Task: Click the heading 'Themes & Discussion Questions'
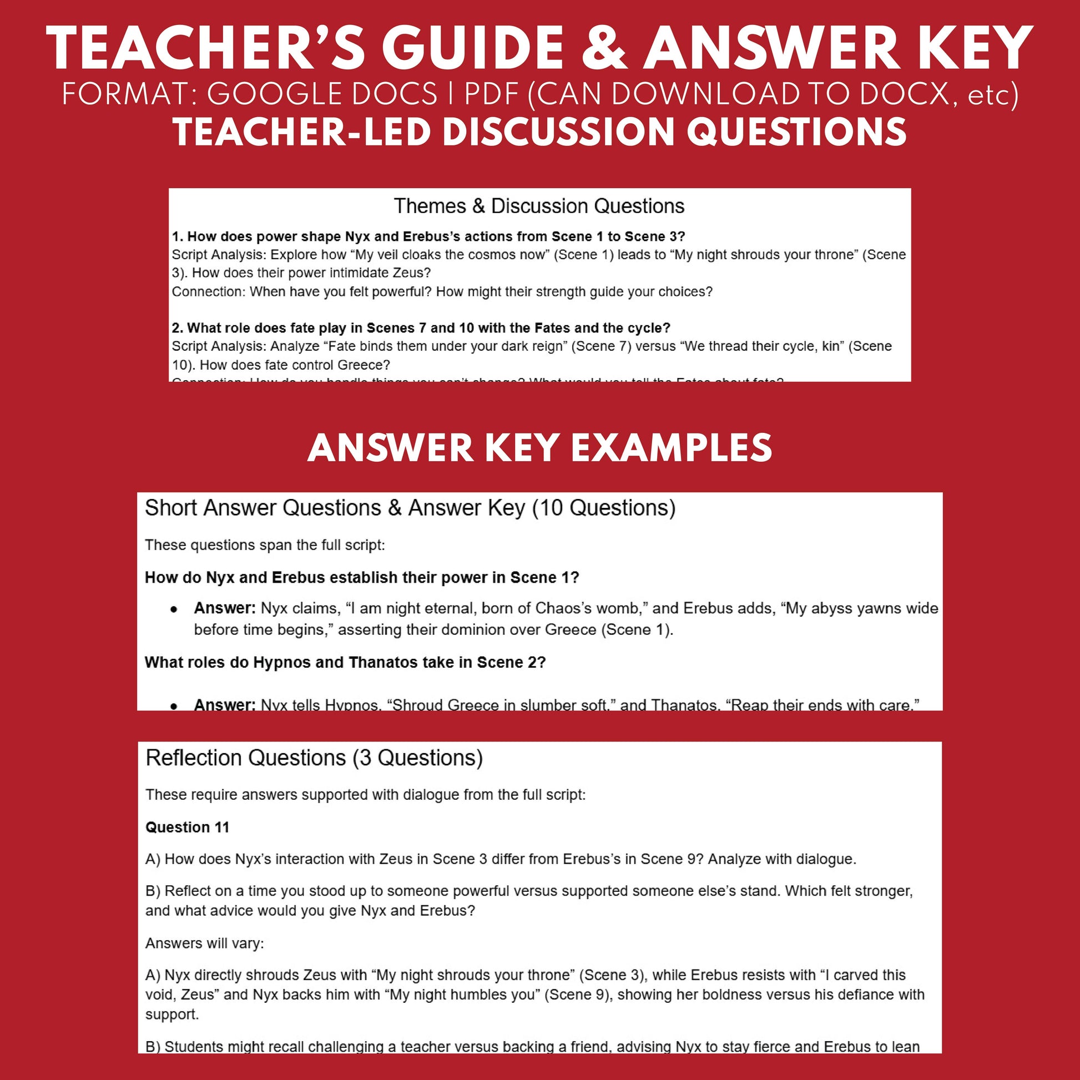[x=539, y=206]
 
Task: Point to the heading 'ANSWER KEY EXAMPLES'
[x=539, y=448]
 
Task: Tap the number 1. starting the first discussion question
[x=177, y=236]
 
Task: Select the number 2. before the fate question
[x=177, y=328]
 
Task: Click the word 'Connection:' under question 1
[x=208, y=292]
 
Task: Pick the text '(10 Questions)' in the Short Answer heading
[x=604, y=508]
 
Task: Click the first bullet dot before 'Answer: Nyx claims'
[x=174, y=609]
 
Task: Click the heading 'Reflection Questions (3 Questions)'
[x=314, y=758]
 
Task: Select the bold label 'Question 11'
[x=187, y=827]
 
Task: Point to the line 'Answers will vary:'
[x=205, y=943]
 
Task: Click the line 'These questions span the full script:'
[x=265, y=545]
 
